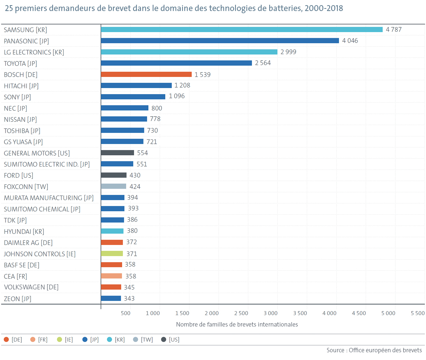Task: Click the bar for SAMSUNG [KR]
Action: point(242,29)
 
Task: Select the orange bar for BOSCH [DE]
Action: point(146,74)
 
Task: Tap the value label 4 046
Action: point(350,41)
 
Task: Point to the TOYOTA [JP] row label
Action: point(21,64)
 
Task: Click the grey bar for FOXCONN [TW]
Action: point(114,186)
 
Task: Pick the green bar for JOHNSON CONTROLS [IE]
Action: point(112,254)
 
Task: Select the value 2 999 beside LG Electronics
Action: point(288,52)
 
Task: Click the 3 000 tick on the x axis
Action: point(270,313)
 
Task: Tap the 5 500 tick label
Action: point(418,313)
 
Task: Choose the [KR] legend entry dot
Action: point(109,340)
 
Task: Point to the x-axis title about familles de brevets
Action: point(237,324)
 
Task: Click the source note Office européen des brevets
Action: point(374,350)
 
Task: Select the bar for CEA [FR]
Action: point(111,276)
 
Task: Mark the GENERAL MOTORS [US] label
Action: point(37,153)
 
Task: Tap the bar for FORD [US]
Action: point(114,175)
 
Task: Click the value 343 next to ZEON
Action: point(129,299)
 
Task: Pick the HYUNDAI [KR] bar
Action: point(112,231)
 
